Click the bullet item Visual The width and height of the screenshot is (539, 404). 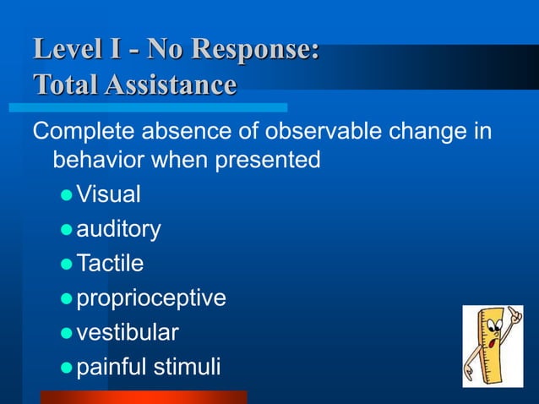(108, 194)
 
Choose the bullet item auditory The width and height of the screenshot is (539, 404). (119, 229)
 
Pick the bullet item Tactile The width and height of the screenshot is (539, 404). (110, 264)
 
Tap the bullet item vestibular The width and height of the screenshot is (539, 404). (128, 333)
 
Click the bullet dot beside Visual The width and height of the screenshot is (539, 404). (67, 196)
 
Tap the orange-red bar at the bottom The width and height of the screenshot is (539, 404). (144, 397)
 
